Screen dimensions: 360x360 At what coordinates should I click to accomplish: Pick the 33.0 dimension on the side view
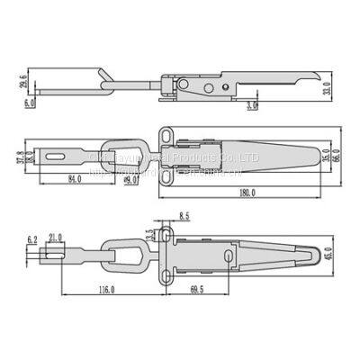coord(340,87)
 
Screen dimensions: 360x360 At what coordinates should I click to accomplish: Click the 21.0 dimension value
coord(55,238)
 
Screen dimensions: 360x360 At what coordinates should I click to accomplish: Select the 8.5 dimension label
coord(184,216)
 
